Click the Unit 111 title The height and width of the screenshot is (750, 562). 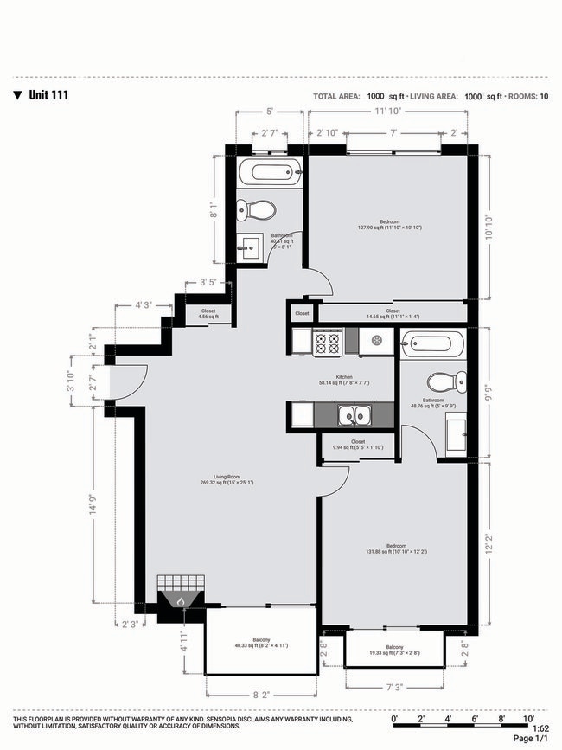(x=47, y=96)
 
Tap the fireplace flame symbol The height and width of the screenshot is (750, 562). (x=181, y=599)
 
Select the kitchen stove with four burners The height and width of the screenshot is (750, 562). (x=328, y=343)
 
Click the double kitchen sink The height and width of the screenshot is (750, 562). (x=354, y=417)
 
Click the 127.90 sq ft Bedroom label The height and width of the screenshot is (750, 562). (x=389, y=225)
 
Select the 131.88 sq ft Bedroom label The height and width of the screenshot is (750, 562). (x=396, y=549)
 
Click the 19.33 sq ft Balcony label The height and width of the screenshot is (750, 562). (x=394, y=651)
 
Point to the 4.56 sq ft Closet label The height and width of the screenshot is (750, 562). (x=208, y=314)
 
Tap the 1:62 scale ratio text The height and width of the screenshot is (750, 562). (x=543, y=728)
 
